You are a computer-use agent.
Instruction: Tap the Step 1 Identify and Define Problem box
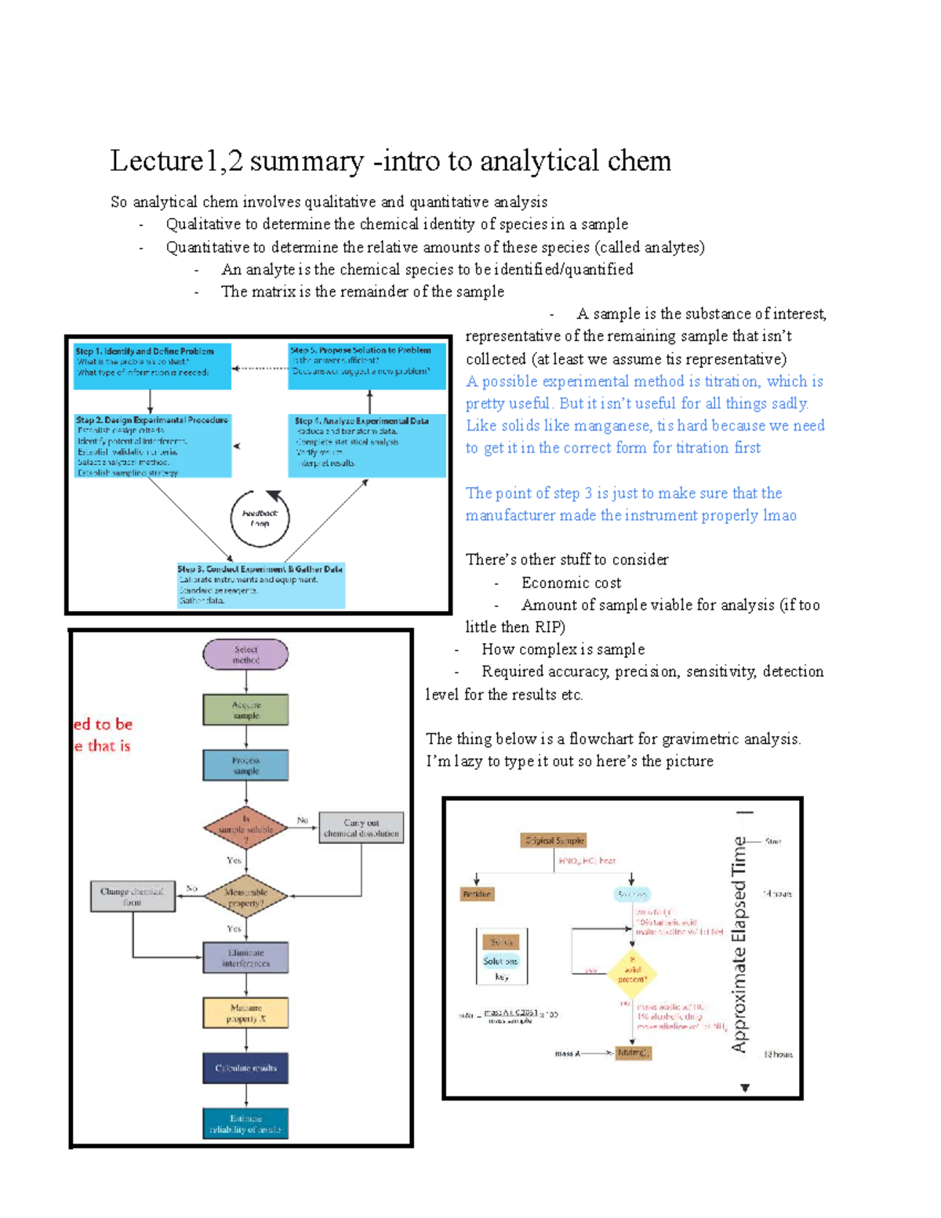152,365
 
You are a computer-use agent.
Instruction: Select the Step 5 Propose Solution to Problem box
366,365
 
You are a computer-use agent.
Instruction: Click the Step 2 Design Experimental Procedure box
152,445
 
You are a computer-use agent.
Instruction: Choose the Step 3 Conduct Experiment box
260,585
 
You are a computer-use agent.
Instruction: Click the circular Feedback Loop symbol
260,518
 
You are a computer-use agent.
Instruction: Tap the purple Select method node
245,655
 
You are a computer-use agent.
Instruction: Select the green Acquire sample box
245,710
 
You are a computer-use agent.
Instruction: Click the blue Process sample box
245,765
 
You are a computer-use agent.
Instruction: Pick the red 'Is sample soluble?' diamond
245,829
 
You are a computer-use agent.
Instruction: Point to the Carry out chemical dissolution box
362,828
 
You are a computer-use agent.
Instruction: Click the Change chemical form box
132,896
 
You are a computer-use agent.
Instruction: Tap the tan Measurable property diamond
245,897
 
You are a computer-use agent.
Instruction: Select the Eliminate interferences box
245,958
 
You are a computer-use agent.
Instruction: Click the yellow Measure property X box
245,1013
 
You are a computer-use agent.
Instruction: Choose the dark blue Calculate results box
245,1068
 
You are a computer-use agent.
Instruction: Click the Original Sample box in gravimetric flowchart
554,841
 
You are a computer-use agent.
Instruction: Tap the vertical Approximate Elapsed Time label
739,944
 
